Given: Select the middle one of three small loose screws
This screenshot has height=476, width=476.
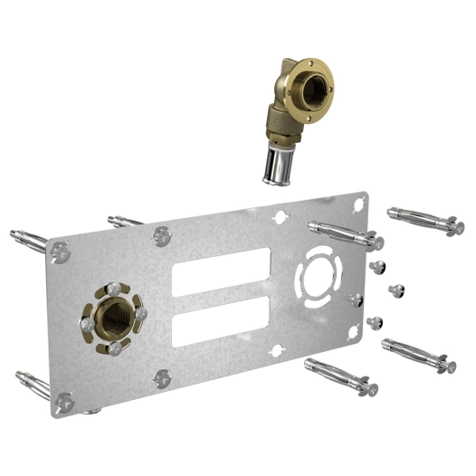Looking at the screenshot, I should [394, 290].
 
